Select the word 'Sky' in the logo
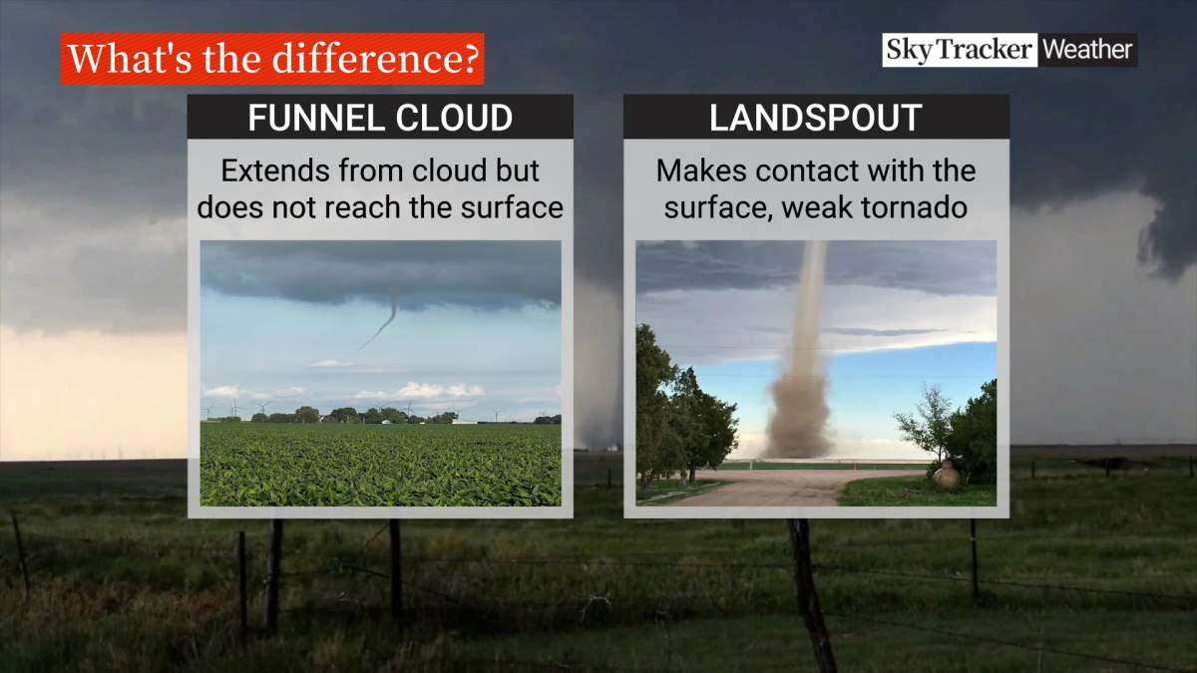point(908,50)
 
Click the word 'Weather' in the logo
point(1087,50)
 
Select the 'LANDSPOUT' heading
point(815,118)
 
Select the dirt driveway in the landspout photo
point(778,489)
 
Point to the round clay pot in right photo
point(946,476)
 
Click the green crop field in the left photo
point(379,464)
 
